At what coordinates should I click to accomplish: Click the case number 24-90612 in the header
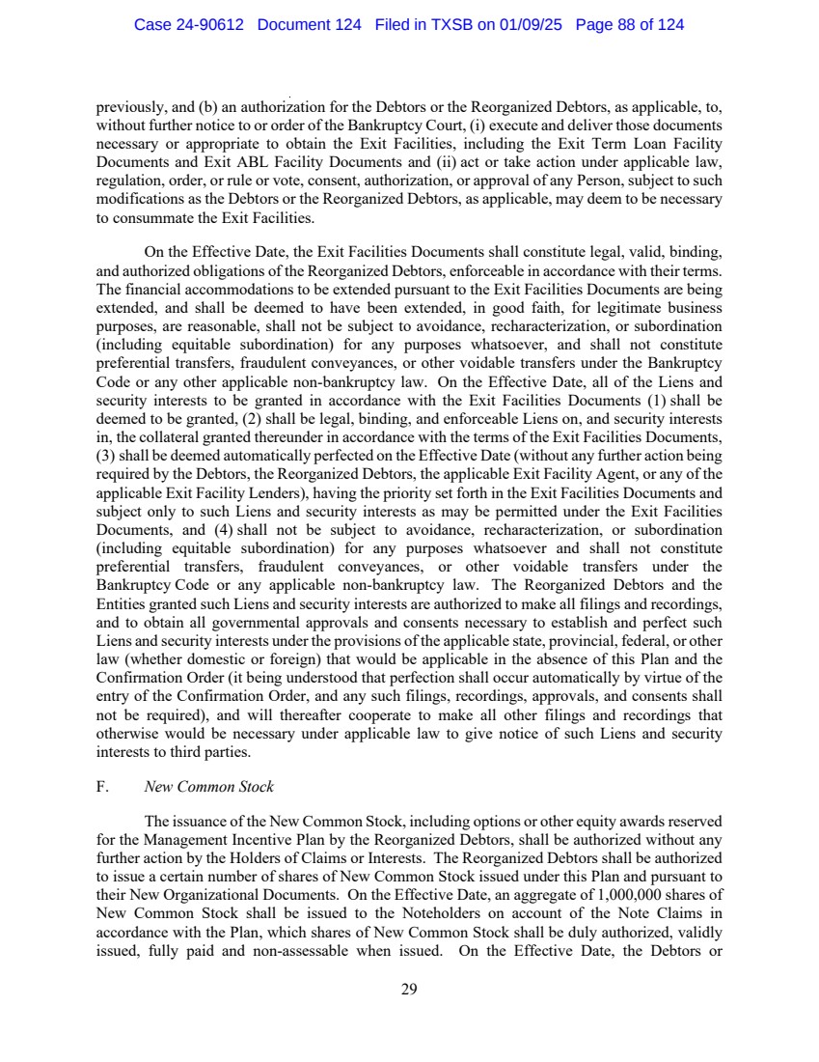point(212,25)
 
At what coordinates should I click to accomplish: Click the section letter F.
point(102,787)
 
